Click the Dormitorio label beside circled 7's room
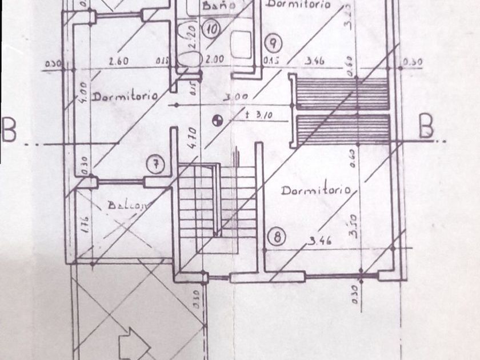[x=125, y=96]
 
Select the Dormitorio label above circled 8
[x=315, y=190]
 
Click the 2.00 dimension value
[x=216, y=59]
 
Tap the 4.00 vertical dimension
[x=83, y=91]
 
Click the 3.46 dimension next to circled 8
[x=320, y=241]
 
